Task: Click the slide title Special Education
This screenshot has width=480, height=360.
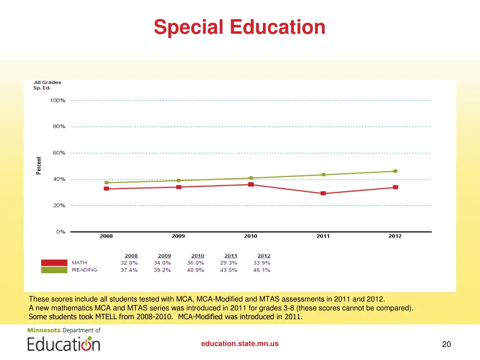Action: (x=240, y=27)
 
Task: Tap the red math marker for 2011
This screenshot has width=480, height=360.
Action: (x=323, y=193)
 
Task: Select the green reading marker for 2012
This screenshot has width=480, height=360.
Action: (x=395, y=171)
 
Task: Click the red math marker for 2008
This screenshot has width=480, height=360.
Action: (x=106, y=188)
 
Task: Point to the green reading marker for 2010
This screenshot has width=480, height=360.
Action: (x=251, y=178)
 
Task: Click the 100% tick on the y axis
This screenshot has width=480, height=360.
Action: (x=58, y=100)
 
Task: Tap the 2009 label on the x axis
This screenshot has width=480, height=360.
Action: (x=178, y=236)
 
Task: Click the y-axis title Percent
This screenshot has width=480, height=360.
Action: (x=39, y=165)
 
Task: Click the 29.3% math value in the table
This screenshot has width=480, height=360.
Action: (x=229, y=263)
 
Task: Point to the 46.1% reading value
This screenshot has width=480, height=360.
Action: (x=262, y=270)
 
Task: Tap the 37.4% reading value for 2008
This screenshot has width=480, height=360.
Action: (x=129, y=270)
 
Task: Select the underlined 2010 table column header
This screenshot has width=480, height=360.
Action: (x=198, y=256)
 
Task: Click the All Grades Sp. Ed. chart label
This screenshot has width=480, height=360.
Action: (x=47, y=85)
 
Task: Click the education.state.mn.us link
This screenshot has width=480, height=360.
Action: (x=240, y=344)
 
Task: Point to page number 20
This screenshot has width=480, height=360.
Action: (x=446, y=345)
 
